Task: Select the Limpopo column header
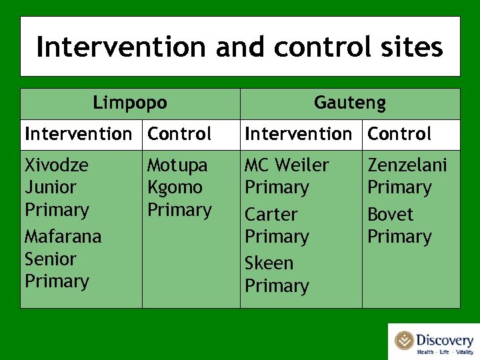(130, 103)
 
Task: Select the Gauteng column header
(350, 103)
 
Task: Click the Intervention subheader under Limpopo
(79, 134)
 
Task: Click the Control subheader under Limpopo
(179, 134)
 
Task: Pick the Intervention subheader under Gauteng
(299, 134)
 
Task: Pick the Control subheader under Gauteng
(399, 134)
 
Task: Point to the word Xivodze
(57, 165)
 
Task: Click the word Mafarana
(63, 237)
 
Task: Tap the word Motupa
(177, 165)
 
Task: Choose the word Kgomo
(175, 187)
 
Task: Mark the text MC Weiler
(287, 165)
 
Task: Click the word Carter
(271, 215)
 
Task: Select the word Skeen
(269, 263)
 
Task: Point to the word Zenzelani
(407, 165)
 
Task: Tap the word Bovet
(391, 215)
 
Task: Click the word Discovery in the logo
(445, 341)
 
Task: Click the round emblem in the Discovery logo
(404, 341)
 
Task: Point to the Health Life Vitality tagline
(444, 352)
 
